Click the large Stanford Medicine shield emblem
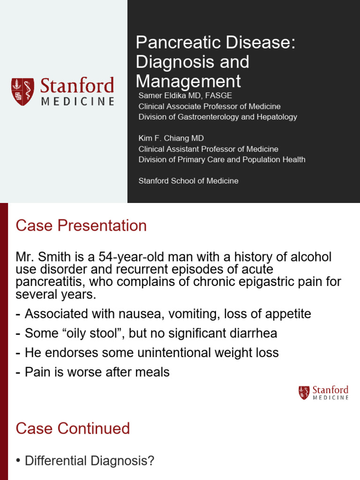pos(22,91)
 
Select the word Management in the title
pos(188,81)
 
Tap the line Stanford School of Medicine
pos(188,180)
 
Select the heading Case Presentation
pos(81,226)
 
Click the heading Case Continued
pos(73,428)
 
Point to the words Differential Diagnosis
pos(89,461)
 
